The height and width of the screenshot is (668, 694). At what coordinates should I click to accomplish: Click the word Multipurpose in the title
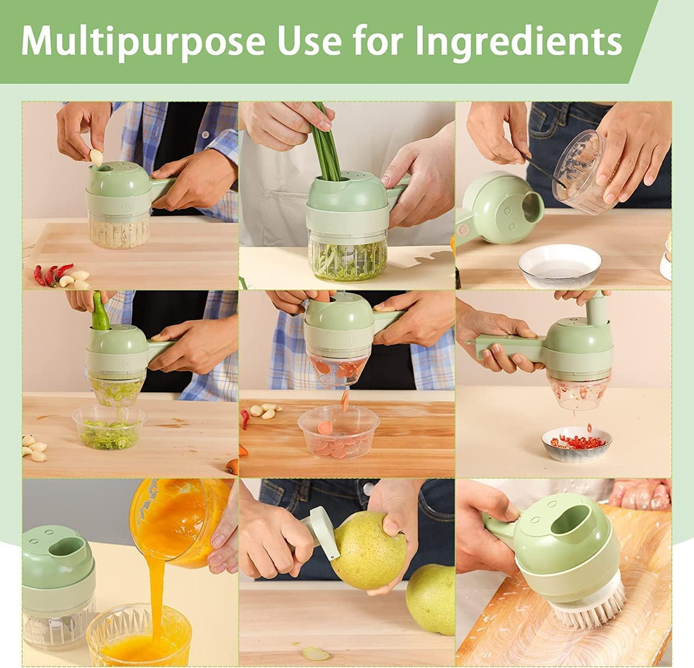click(x=143, y=41)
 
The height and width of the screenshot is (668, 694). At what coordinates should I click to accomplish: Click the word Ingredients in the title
click(x=518, y=41)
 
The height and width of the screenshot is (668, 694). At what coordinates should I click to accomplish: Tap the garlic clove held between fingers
click(x=97, y=157)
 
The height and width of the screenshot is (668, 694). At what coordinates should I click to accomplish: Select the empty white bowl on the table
click(x=560, y=266)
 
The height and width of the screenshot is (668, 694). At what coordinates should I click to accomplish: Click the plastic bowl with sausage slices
click(x=338, y=432)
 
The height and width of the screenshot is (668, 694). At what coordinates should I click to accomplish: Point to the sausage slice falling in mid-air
click(x=345, y=400)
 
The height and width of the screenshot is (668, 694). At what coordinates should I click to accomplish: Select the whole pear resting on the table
click(x=431, y=598)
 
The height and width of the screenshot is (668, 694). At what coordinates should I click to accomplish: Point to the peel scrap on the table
click(x=315, y=654)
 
